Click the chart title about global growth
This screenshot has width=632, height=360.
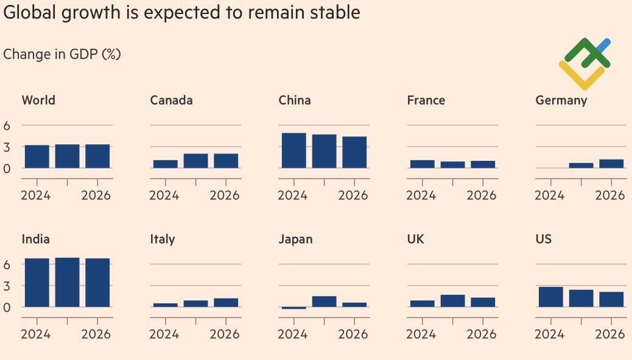181,13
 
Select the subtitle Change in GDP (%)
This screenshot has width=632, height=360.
62,54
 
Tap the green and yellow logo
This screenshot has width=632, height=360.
585,63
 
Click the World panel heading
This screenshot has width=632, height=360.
38,101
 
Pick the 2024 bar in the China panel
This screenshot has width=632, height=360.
293,150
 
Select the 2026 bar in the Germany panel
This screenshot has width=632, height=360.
611,164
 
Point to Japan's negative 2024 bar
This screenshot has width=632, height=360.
293,308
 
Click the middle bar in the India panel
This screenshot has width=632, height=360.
67,282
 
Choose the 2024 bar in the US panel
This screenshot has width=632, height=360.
550,297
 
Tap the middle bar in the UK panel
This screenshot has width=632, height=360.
452,301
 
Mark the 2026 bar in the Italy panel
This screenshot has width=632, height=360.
226,303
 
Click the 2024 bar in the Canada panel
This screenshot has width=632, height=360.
165,164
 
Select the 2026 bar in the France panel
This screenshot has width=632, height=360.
483,164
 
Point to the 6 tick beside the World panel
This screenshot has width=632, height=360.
8,125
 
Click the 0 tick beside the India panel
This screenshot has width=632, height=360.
8,307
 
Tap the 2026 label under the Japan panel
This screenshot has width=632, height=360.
353,334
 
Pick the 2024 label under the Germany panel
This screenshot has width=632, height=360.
549,195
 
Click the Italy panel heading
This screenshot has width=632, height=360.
163,239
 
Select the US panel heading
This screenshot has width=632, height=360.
544,239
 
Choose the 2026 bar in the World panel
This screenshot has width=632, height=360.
97,156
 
